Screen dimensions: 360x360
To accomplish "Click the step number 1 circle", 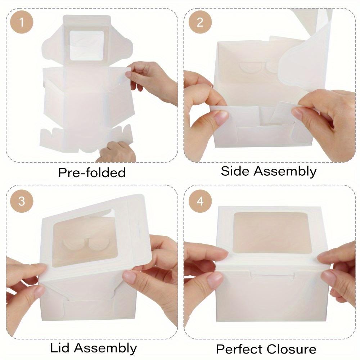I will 22,22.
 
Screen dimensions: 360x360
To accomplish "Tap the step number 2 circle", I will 200,22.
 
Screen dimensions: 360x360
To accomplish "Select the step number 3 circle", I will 22,201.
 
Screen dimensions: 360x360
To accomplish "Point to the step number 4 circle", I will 200,201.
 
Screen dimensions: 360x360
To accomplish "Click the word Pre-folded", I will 92,172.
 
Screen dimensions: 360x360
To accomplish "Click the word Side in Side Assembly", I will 235,171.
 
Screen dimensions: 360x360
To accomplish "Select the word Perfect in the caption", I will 238,349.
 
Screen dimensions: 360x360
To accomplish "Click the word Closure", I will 292,349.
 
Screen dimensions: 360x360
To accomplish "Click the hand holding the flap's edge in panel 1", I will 151,77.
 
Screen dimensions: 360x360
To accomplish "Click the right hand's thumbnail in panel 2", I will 300,113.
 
